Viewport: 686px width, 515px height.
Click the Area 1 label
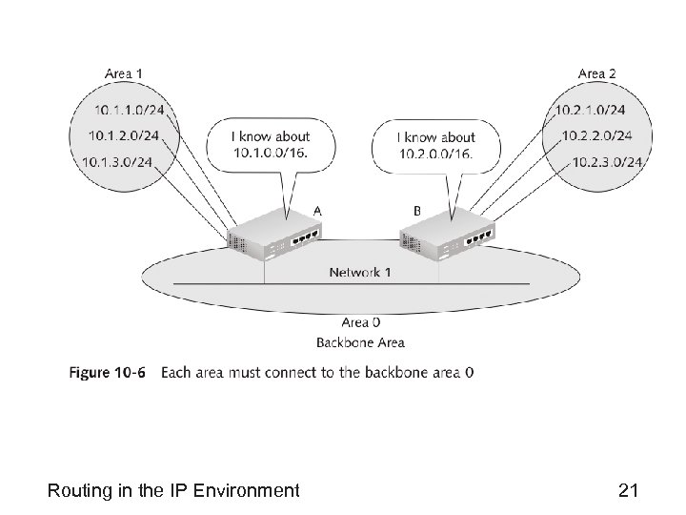125,73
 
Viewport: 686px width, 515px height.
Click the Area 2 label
597,73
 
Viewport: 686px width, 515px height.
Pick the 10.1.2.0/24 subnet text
123,136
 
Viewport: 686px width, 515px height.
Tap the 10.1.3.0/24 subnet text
118,161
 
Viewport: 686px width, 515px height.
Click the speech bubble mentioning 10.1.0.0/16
271,146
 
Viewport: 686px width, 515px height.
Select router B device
447,234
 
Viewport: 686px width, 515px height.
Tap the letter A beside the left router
317,208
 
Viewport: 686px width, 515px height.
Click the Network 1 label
360,272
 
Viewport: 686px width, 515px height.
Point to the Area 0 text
360,323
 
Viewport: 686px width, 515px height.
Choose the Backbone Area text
360,342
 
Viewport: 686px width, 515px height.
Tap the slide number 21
628,490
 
